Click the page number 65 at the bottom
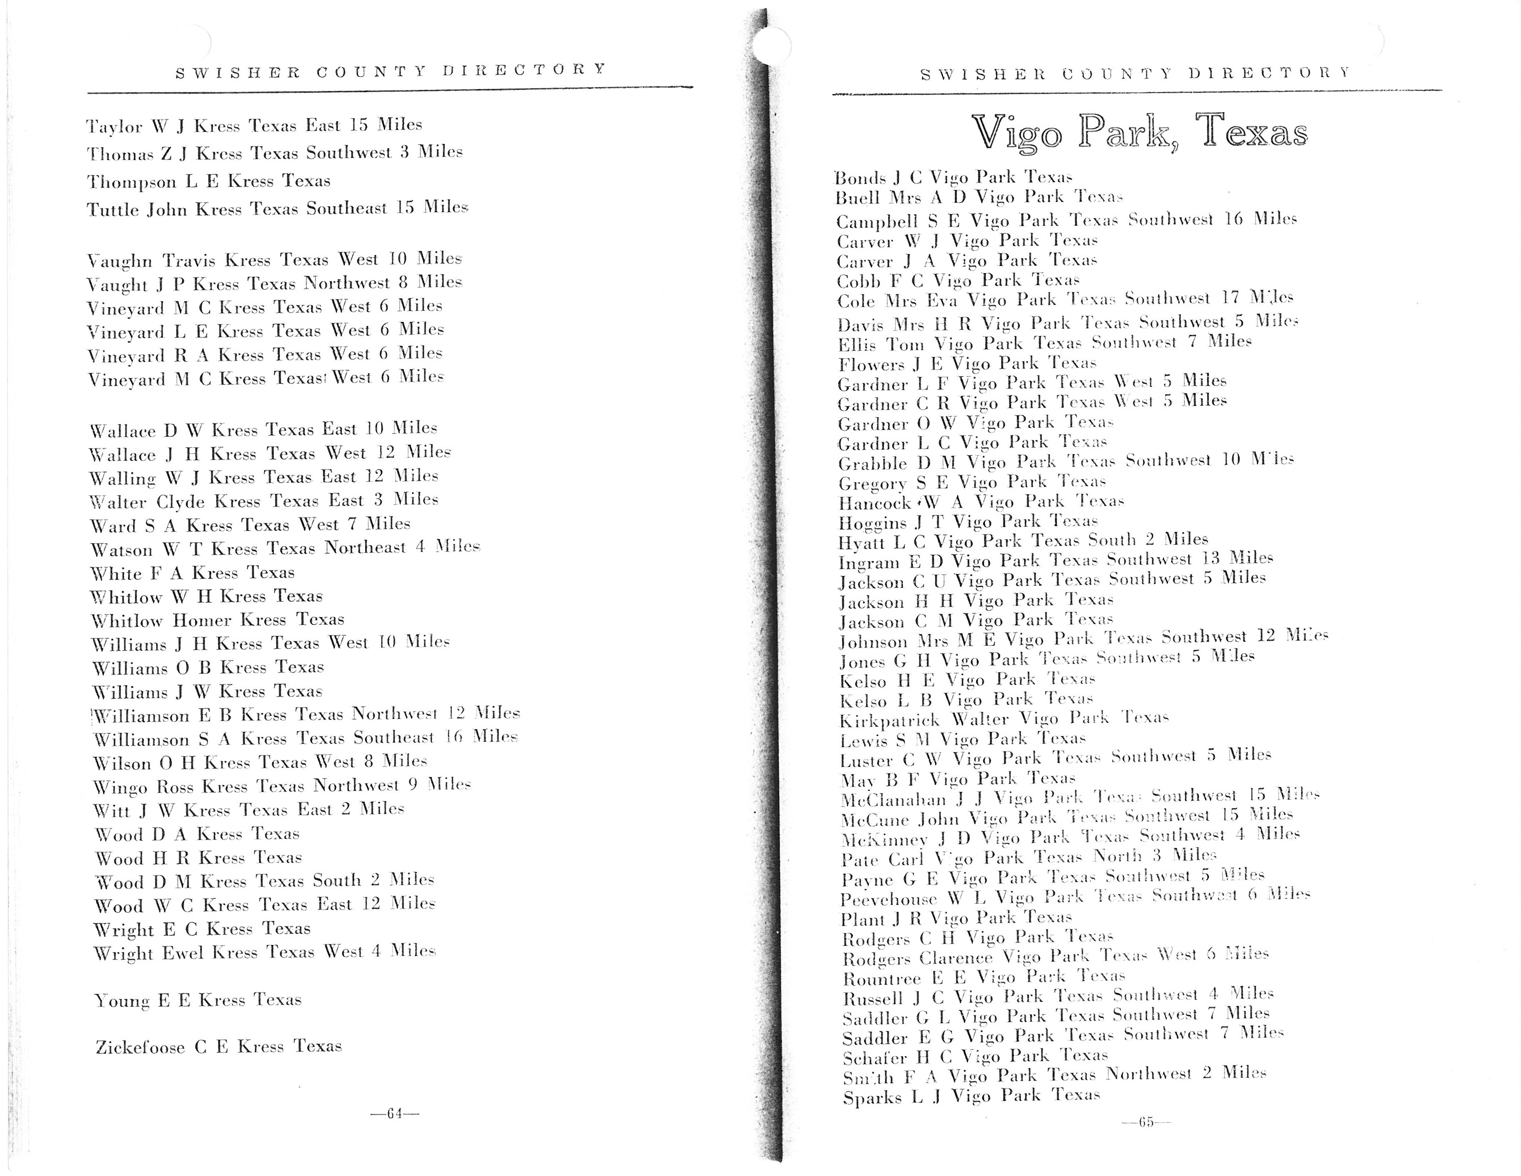click(1146, 1122)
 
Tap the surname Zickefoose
click(140, 1047)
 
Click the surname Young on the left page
click(122, 1001)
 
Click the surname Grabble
click(872, 464)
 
